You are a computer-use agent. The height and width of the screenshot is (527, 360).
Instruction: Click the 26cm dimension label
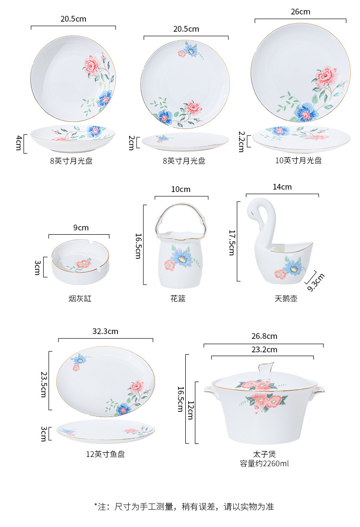300,12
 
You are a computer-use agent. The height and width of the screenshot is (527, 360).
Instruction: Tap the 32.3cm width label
105,331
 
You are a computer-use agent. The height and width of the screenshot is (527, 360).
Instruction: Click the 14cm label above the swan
282,187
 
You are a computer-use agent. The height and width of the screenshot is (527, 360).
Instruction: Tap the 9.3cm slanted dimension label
316,282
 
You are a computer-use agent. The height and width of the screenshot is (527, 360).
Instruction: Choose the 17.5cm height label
231,242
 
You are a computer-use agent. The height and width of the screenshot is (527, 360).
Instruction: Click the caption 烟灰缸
80,299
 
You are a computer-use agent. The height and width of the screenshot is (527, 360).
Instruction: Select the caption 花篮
178,299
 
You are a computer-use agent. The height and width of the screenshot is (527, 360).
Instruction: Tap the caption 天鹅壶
286,299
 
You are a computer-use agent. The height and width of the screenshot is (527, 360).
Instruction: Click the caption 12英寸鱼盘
105,454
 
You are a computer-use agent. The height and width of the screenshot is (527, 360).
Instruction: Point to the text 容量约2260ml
264,464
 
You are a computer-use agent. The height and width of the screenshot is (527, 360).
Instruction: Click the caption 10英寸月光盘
298,160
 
